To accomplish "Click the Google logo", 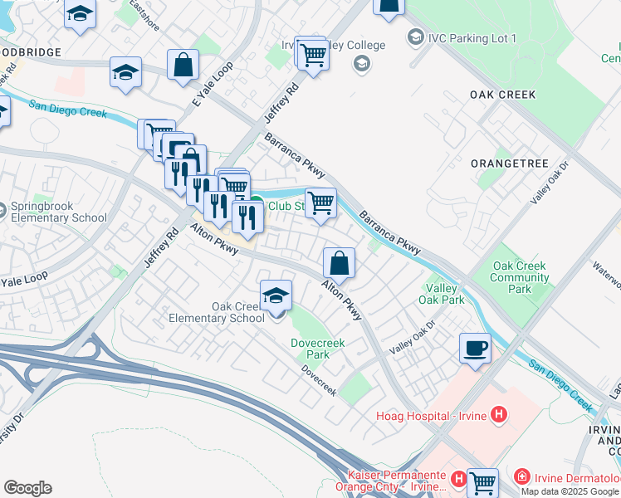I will pos(27,488).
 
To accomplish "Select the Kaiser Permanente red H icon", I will pos(457,479).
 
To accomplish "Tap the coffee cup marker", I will pos(475,348).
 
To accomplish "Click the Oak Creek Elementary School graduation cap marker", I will pos(276,295).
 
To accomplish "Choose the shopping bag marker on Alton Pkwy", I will pos(339,263).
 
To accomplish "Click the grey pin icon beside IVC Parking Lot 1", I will pos(415,37).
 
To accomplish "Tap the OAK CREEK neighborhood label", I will pos(502,95).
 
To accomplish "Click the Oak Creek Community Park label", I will pos(520,277).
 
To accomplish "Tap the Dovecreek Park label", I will pos(310,349).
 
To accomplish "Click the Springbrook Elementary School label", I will pos(58,212).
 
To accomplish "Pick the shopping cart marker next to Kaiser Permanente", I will pos(482,482).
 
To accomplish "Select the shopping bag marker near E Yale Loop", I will pos(183,64).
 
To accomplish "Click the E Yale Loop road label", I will pos(209,88).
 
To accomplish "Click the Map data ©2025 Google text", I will pos(570,491).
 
